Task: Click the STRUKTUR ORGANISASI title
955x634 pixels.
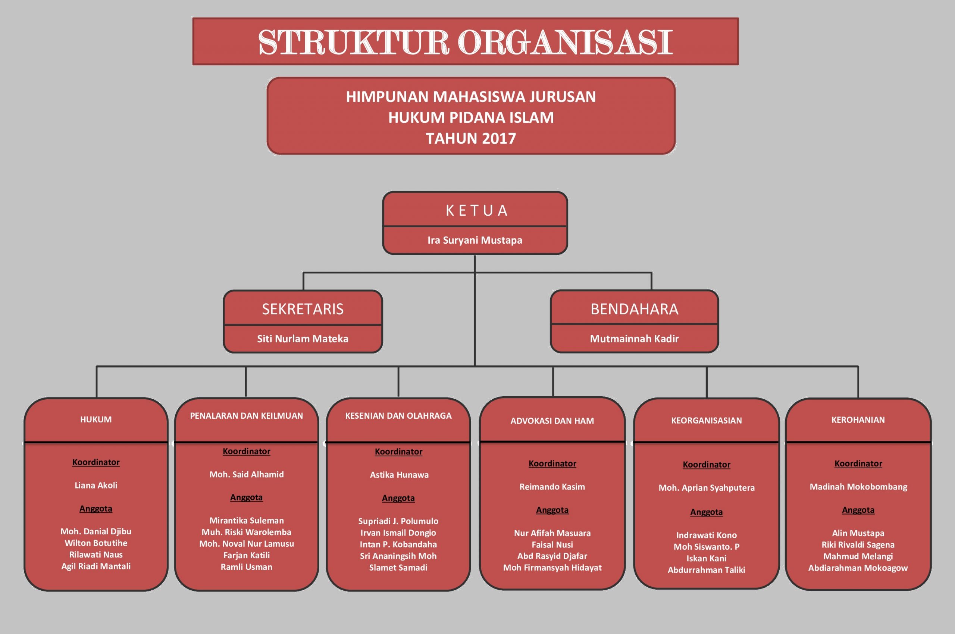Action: [x=465, y=42]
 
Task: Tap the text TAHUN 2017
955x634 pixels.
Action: [x=471, y=139]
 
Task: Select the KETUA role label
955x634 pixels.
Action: [x=476, y=211]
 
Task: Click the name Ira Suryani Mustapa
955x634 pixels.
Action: [x=475, y=240]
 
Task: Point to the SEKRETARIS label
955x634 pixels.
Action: [x=303, y=309]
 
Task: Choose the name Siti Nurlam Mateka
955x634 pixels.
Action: [x=303, y=338]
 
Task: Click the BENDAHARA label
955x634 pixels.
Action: [x=634, y=309]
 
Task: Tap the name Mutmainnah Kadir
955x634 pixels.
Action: [x=634, y=338]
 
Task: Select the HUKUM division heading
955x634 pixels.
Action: [x=96, y=419]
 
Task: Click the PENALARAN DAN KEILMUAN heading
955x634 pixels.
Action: [x=246, y=416]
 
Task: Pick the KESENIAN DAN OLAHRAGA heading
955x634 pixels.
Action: [x=398, y=416]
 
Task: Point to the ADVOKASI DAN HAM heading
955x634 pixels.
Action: [x=552, y=421]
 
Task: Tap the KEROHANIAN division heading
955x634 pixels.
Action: [x=858, y=420]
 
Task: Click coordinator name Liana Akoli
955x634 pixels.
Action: [x=96, y=485]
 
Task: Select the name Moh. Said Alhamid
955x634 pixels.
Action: [x=246, y=474]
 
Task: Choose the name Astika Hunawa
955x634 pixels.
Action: [x=399, y=475]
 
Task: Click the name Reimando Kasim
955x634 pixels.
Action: [x=552, y=487]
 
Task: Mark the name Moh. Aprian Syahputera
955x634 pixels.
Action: [x=707, y=488]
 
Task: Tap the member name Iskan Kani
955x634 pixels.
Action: [x=707, y=558]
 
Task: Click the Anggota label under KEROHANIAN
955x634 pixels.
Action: [x=858, y=510]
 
